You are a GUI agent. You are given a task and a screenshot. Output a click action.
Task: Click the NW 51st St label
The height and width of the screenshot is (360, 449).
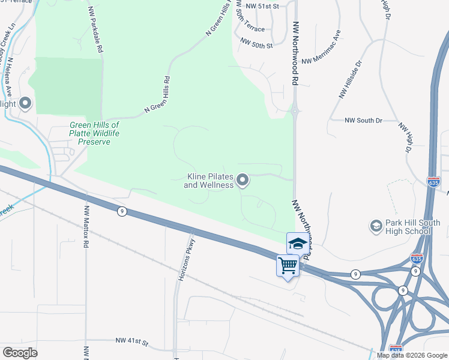point(263,6)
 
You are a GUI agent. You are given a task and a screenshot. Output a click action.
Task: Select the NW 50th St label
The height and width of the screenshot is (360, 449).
point(256,43)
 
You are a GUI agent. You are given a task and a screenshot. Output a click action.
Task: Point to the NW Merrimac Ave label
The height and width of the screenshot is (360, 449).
point(322,48)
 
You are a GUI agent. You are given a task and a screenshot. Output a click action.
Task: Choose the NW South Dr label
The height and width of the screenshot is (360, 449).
point(363,121)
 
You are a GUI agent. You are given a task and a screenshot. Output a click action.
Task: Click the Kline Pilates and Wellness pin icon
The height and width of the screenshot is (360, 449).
point(243,179)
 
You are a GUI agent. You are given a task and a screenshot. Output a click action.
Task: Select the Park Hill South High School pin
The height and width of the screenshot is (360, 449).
point(376,226)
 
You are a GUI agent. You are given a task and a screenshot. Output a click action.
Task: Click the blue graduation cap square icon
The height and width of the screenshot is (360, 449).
point(297,243)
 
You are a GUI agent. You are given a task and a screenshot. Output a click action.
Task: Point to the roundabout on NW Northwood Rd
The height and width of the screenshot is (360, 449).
point(295,110)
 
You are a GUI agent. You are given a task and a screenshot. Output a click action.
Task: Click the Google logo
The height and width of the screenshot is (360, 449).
point(20,353)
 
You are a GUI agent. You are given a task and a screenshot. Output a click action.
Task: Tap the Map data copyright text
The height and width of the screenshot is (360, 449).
point(411,355)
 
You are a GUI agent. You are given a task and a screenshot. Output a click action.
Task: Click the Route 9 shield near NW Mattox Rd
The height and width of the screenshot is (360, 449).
point(122,211)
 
